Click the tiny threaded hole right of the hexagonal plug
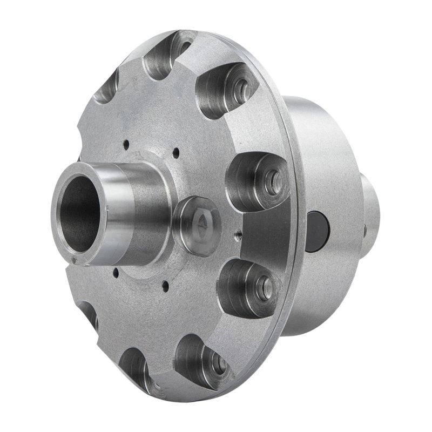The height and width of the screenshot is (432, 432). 238,235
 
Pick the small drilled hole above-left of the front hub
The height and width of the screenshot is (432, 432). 125,144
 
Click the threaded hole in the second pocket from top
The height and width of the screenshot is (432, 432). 241,86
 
